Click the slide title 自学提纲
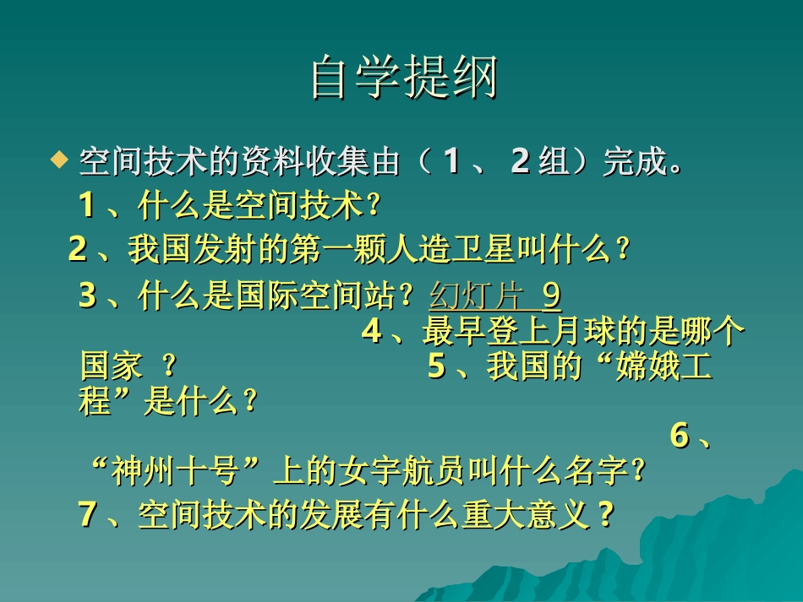tap(403, 78)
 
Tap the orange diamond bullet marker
tap(57, 158)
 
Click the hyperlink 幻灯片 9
tap(495, 296)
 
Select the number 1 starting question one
tap(86, 203)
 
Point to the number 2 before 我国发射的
tap(78, 249)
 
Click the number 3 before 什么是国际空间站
tap(87, 296)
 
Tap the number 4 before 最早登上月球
tap(371, 332)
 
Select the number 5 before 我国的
tap(436, 367)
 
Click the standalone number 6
tap(680, 436)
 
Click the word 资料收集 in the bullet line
tap(303, 161)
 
